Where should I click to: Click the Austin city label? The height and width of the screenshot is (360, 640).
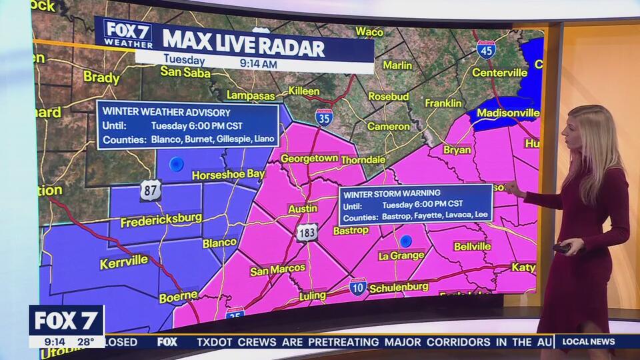coord(303,209)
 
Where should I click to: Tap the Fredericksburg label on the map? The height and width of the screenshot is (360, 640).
coord(161,219)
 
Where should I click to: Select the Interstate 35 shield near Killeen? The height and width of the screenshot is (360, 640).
coord(324,117)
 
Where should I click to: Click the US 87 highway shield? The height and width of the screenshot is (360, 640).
coord(151,191)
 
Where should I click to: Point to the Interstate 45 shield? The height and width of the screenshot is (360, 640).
coord(486,49)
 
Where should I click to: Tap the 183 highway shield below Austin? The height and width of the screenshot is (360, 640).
coord(307,232)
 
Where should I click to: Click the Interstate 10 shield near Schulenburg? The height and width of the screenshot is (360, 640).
coord(358,287)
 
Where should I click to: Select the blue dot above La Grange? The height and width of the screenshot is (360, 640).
coord(405,241)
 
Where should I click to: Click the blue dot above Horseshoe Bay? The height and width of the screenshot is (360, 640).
coord(176,163)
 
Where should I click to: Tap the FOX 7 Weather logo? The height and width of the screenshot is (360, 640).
coord(129,33)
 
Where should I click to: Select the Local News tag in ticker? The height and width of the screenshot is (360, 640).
coord(589,341)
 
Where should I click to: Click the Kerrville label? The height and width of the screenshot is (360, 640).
coord(124,262)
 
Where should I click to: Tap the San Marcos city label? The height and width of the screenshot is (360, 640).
coord(277,269)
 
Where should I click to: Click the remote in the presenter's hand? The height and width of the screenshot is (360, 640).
coord(562,248)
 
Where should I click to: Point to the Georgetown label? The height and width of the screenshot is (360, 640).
coord(309,159)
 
